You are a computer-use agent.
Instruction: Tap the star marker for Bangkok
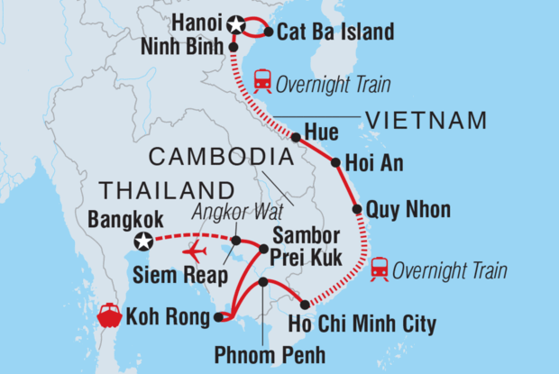142,241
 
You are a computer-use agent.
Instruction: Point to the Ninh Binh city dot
234,47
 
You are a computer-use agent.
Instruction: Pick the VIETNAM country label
426,121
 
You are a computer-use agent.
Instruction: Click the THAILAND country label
160,190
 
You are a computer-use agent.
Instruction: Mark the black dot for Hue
296,137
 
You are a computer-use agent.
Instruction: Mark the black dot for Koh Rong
217,316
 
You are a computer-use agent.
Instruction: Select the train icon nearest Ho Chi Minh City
380,269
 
